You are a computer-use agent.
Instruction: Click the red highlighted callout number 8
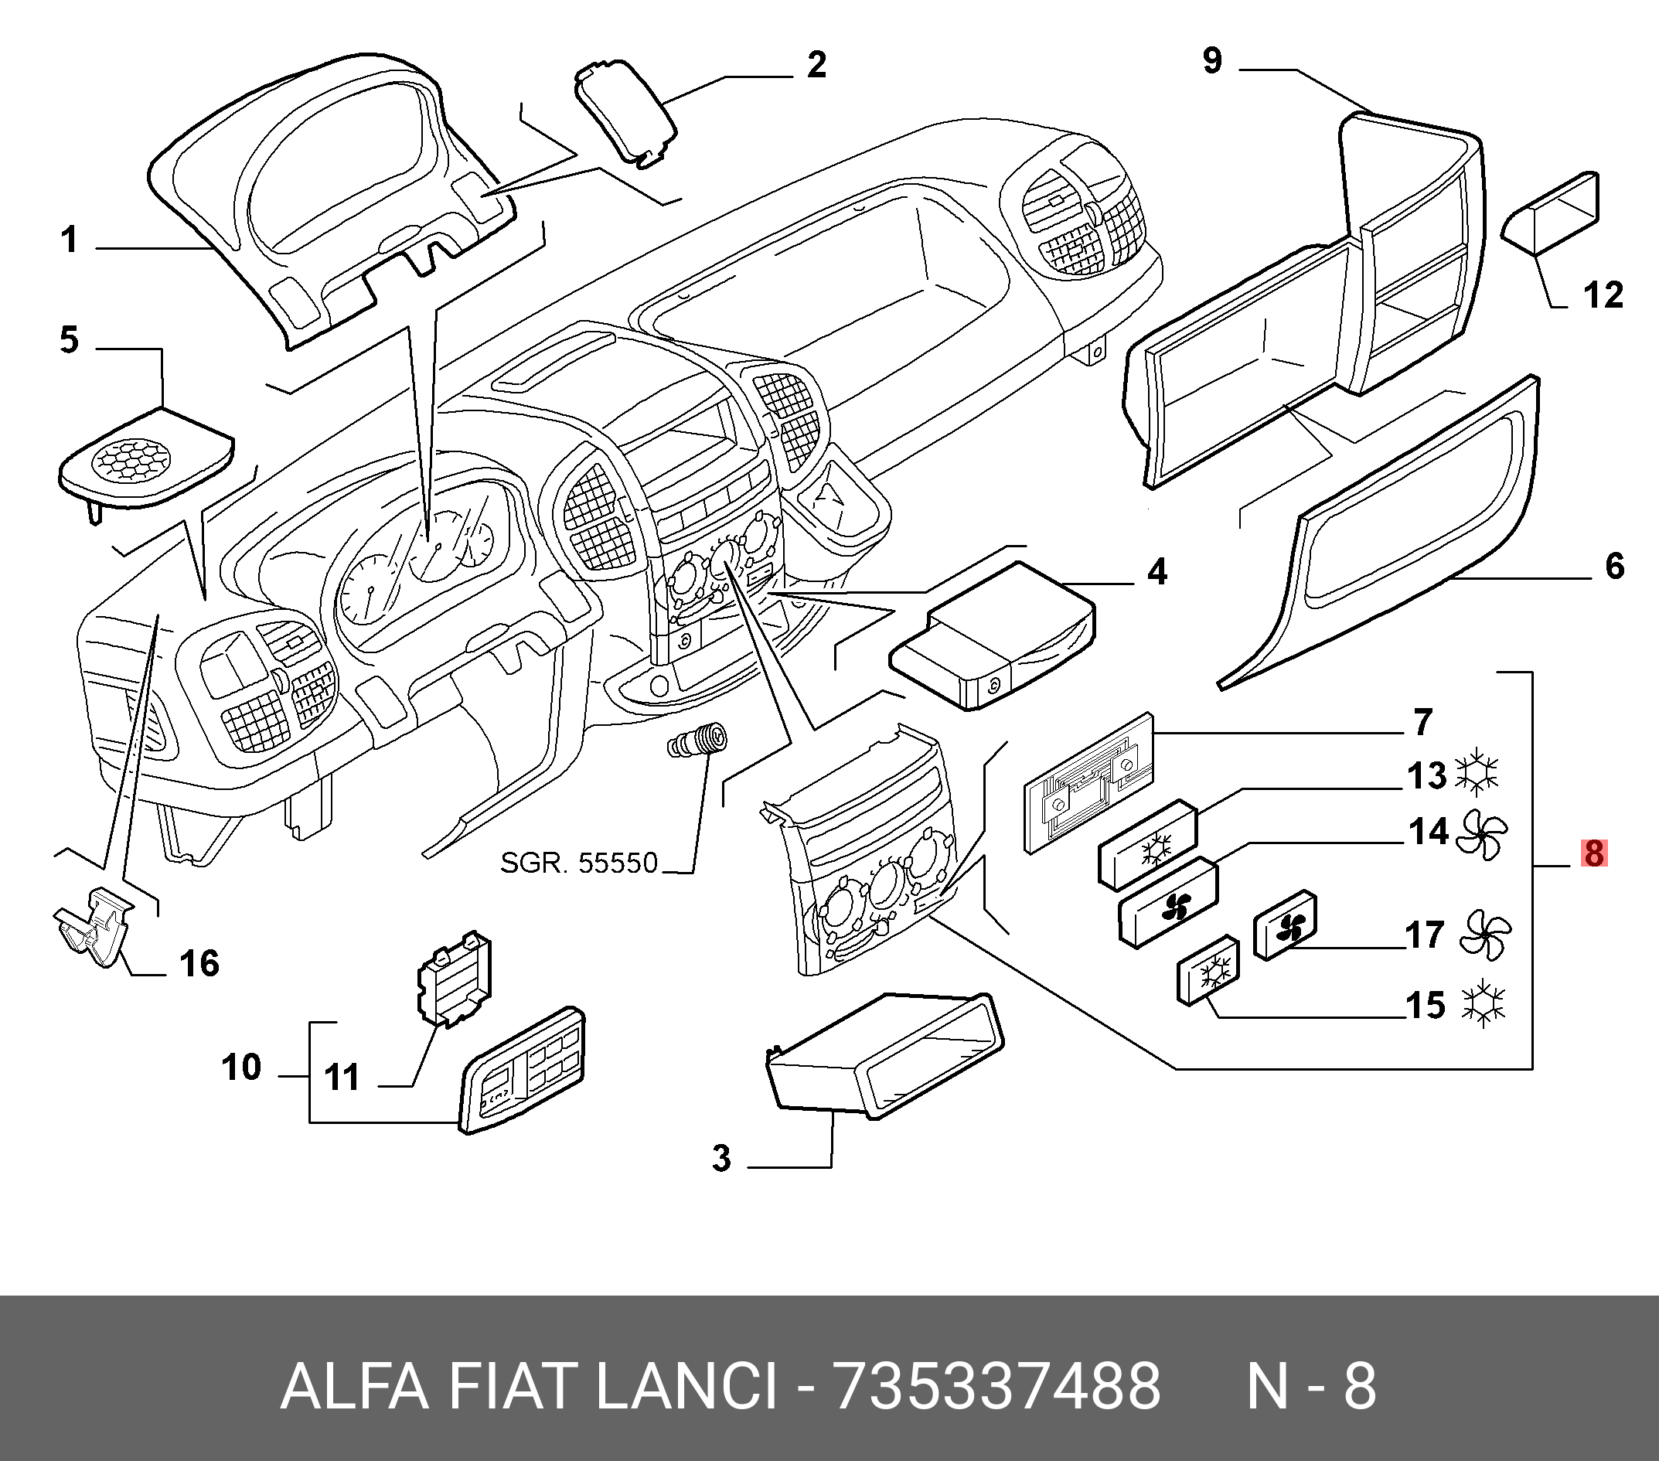[1593, 854]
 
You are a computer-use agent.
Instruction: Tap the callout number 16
[199, 964]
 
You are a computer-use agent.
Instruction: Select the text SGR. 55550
[579, 863]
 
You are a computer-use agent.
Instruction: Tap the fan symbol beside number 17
[1484, 935]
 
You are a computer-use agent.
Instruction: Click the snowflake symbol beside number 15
[1482, 1005]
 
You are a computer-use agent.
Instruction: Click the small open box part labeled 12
[1552, 210]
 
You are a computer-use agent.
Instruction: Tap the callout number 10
[241, 1068]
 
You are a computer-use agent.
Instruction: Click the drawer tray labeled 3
[884, 1055]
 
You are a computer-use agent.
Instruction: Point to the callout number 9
[1212, 61]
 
